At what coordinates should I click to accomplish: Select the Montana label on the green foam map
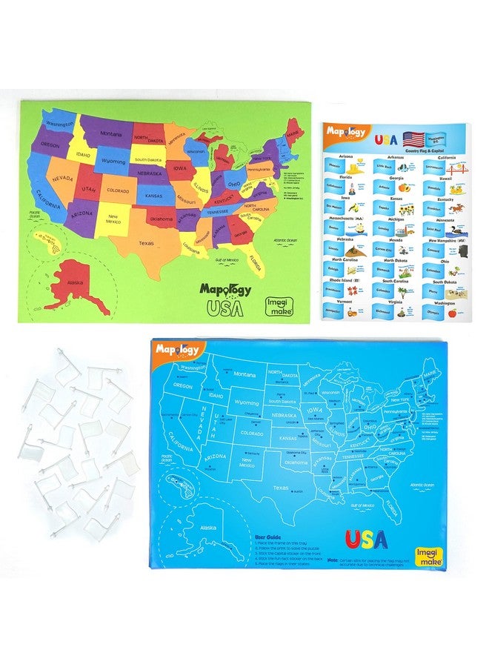tap(111, 133)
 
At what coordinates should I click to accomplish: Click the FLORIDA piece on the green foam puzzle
tap(254, 260)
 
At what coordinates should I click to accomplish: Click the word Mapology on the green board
tap(224, 289)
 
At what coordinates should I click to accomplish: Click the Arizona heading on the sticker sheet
tap(345, 157)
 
